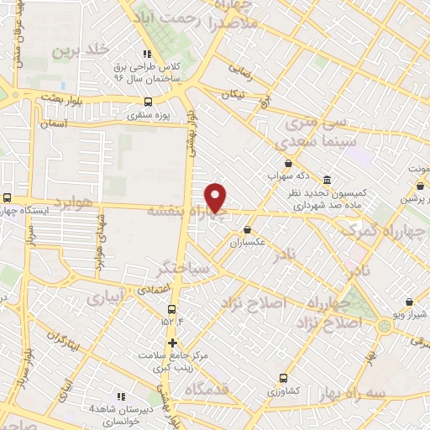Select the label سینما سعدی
(x=320, y=139)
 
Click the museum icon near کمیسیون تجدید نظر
(x=327, y=178)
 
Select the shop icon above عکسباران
(x=248, y=228)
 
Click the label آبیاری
(x=107, y=296)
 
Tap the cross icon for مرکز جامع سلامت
(x=172, y=343)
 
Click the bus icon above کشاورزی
(x=283, y=378)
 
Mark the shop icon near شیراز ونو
(x=408, y=302)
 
